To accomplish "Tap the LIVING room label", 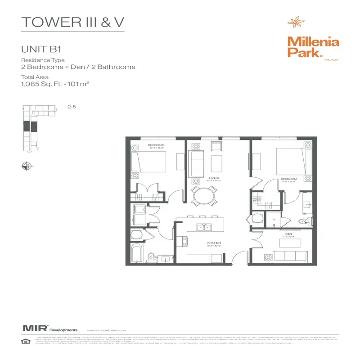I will tap(214, 178).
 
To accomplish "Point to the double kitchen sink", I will tap(205, 227).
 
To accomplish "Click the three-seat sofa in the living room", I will tap(197, 164).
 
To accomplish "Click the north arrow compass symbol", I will tap(26, 166).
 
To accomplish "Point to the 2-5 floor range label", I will tap(71, 107).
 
